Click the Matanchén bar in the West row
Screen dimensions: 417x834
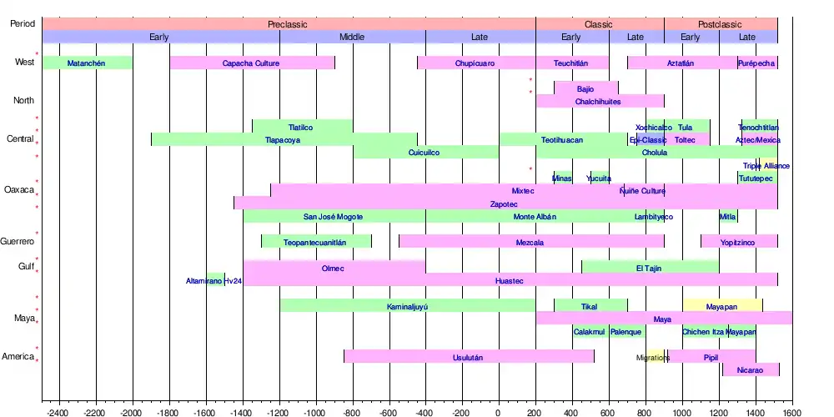click(x=87, y=63)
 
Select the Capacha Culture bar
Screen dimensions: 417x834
click(x=252, y=63)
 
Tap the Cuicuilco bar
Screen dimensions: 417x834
click(x=425, y=153)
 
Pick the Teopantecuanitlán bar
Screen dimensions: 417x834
click(x=316, y=242)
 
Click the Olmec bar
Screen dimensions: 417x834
click(x=334, y=268)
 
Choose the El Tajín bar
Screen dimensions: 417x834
click(x=650, y=268)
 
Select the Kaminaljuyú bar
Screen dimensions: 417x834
click(x=407, y=306)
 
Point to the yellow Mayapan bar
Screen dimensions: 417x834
click(x=722, y=306)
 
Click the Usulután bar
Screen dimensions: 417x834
click(x=469, y=357)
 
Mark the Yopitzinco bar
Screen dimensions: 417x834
click(x=739, y=242)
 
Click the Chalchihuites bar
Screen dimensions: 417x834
click(x=599, y=102)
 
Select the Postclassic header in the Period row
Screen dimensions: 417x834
click(x=720, y=24)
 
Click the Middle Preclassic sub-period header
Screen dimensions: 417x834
click(x=352, y=37)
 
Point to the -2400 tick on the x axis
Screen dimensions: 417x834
click(x=59, y=411)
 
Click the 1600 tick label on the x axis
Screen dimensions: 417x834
click(x=792, y=411)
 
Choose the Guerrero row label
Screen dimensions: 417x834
click(x=18, y=242)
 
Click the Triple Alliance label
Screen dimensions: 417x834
click(x=766, y=166)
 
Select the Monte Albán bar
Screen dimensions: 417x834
click(x=535, y=217)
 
